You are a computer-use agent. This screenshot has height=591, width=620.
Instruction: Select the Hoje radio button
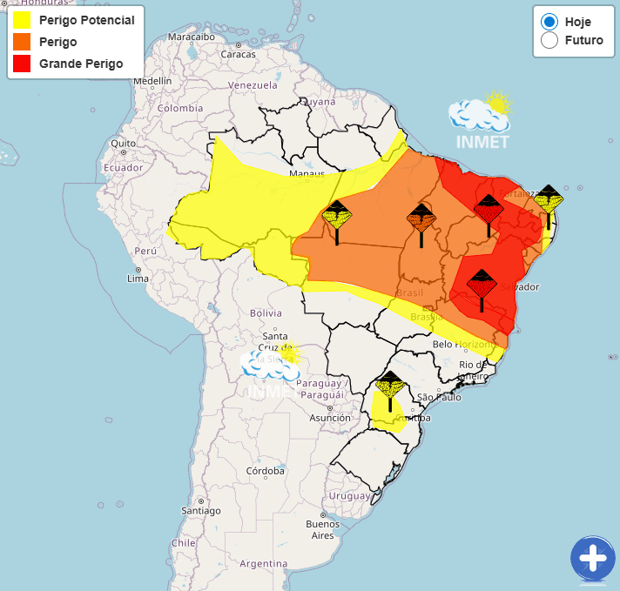tap(549, 22)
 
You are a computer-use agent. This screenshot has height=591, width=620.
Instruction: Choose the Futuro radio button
tap(549, 41)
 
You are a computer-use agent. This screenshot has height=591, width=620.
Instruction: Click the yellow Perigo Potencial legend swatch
tap(23, 20)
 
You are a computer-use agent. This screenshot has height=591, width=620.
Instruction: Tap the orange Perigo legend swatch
tap(23, 42)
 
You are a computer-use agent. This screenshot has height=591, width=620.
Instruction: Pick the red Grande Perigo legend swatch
tap(23, 64)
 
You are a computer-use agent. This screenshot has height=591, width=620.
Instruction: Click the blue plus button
tap(592, 558)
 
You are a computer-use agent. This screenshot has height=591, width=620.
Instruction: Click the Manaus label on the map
tap(307, 174)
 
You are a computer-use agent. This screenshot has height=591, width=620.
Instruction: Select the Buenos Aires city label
tap(322, 529)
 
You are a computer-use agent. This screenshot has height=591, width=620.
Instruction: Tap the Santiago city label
tap(200, 511)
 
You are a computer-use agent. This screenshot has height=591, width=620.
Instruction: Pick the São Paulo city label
tap(438, 397)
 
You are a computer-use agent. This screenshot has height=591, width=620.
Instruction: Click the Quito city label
tap(122, 143)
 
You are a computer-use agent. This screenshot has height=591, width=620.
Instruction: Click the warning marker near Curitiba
tap(389, 387)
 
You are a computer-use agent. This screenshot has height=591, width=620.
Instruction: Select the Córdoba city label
tap(266, 471)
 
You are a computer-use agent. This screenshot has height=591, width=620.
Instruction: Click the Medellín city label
tap(152, 81)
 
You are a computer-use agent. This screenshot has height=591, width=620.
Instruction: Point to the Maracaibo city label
tap(191, 37)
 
